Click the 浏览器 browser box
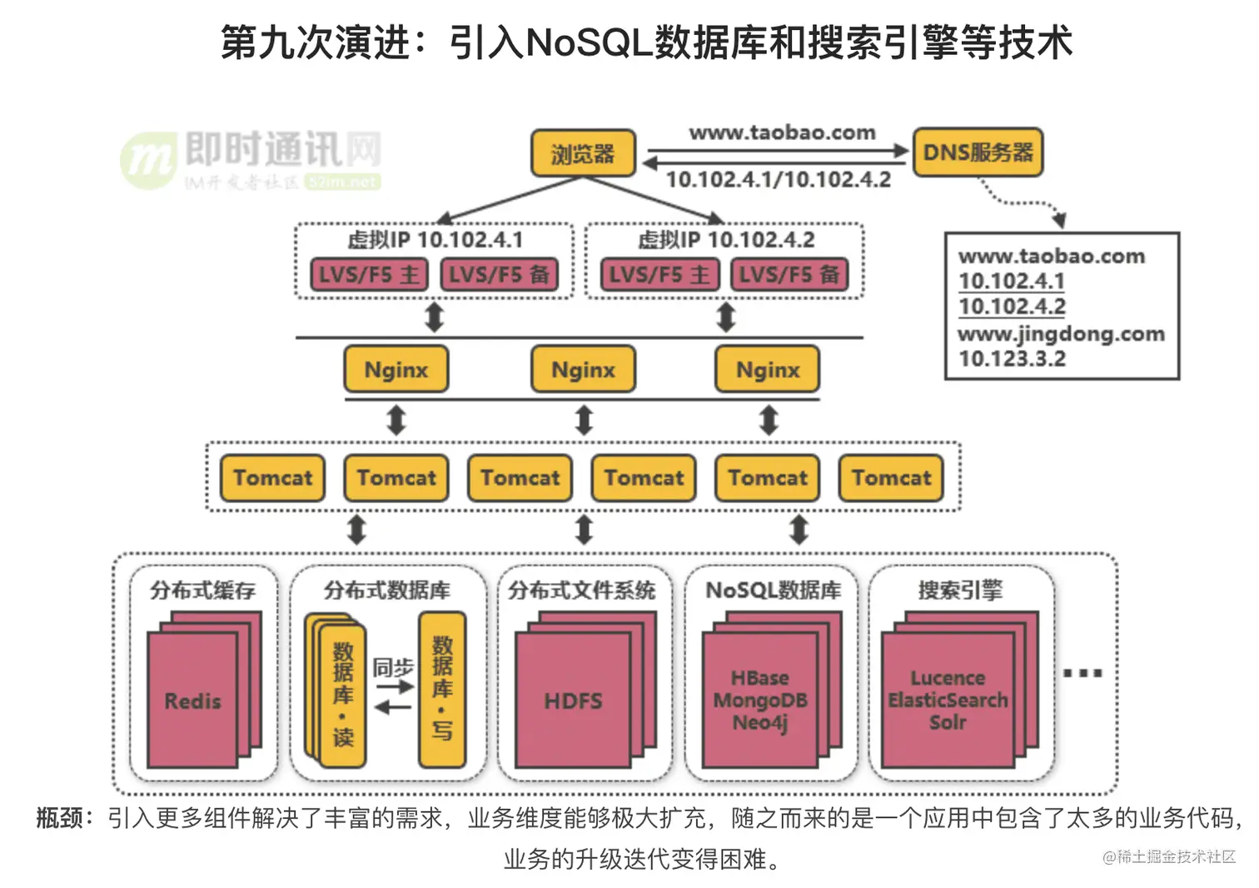tap(583, 153)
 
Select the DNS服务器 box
tap(978, 152)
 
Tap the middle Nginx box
tap(583, 370)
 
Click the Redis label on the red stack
tap(192, 701)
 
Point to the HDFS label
tap(573, 701)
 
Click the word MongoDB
tap(760, 701)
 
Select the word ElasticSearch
tap(948, 701)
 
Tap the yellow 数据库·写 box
tap(442, 689)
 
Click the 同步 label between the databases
tap(393, 667)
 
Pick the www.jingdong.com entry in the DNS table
tap(1061, 334)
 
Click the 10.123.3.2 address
tap(1012, 359)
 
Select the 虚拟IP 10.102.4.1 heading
tap(435, 240)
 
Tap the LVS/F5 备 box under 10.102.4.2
tap(789, 275)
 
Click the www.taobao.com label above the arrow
tap(782, 132)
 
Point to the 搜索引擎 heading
tap(960, 591)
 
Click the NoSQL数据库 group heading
tap(773, 591)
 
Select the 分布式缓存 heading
tap(202, 591)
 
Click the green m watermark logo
tap(148, 160)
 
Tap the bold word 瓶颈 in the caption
tap(60, 818)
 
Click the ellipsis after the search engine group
tap(1082, 673)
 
